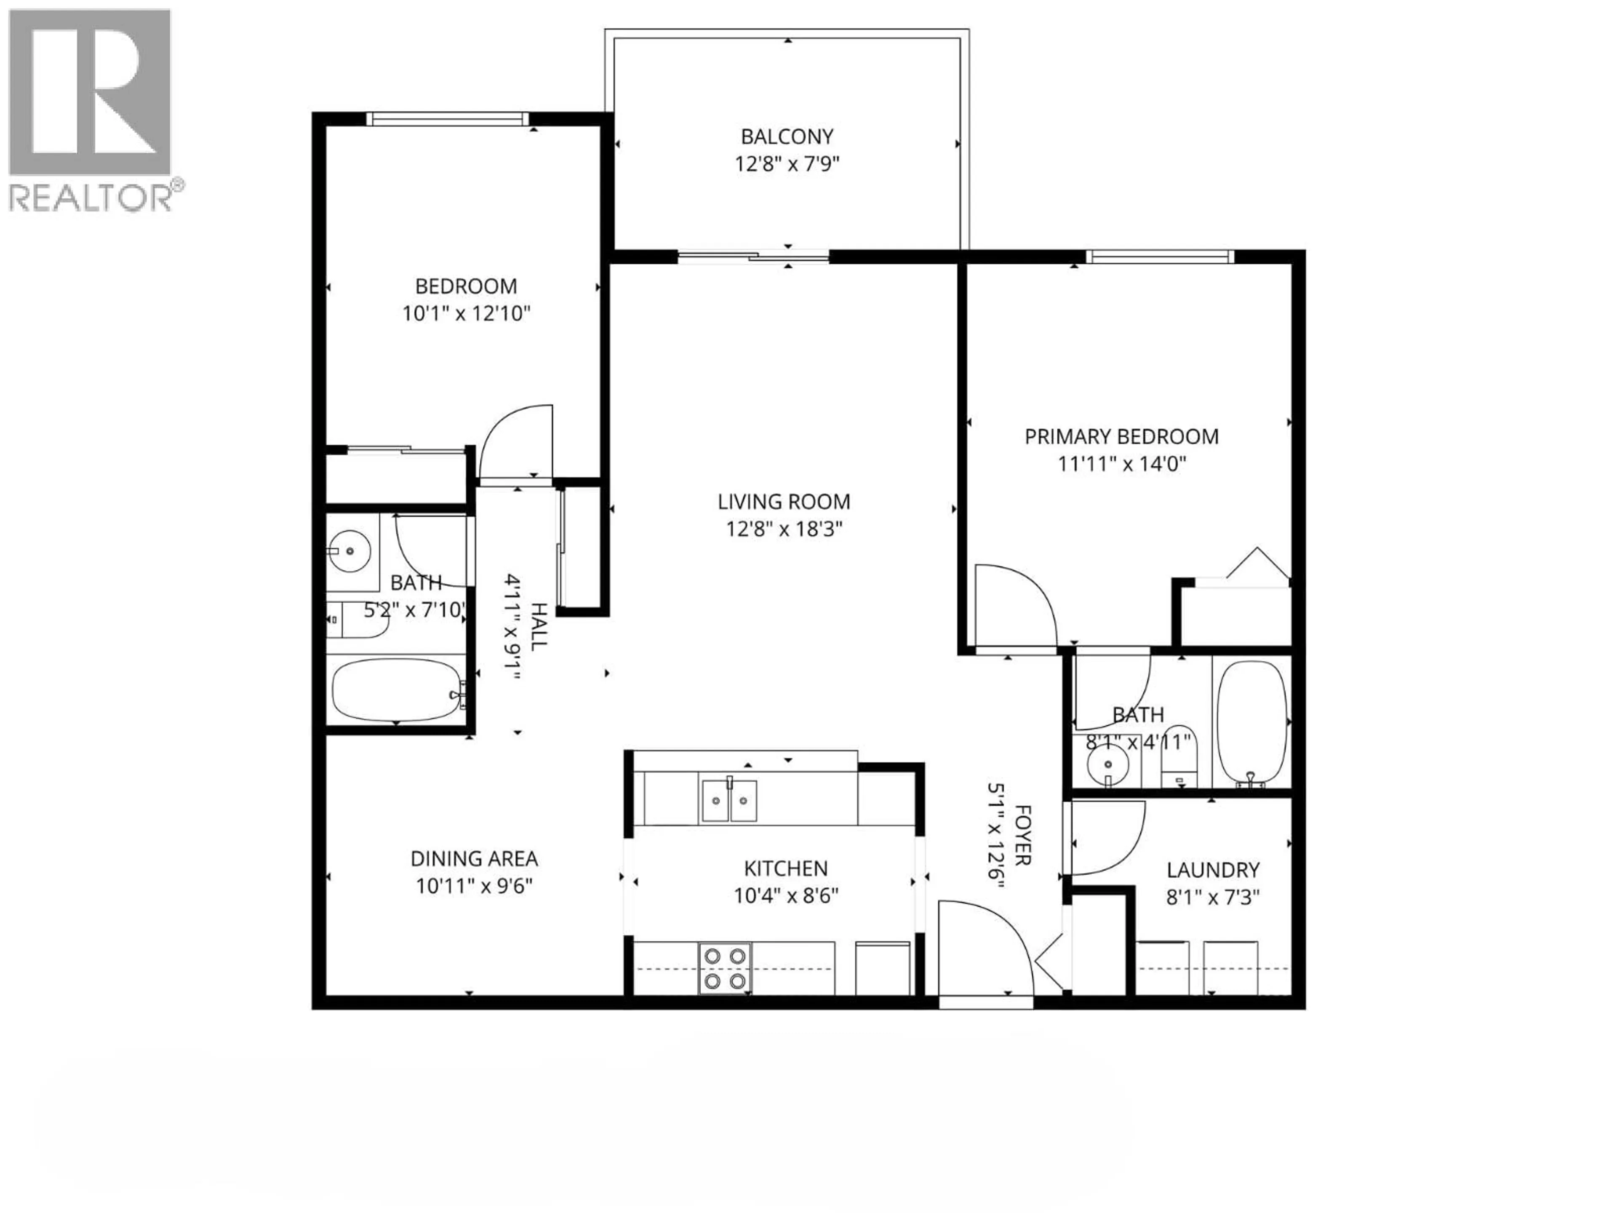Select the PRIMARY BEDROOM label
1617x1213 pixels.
[x=1121, y=436]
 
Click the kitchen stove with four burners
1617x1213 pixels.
[x=724, y=968]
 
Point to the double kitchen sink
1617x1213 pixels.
[x=729, y=801]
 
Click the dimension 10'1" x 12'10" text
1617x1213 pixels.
[x=466, y=314]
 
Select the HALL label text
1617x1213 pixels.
[x=538, y=627]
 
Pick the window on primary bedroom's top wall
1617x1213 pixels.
[x=1159, y=256]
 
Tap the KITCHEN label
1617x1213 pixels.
[x=786, y=868]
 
